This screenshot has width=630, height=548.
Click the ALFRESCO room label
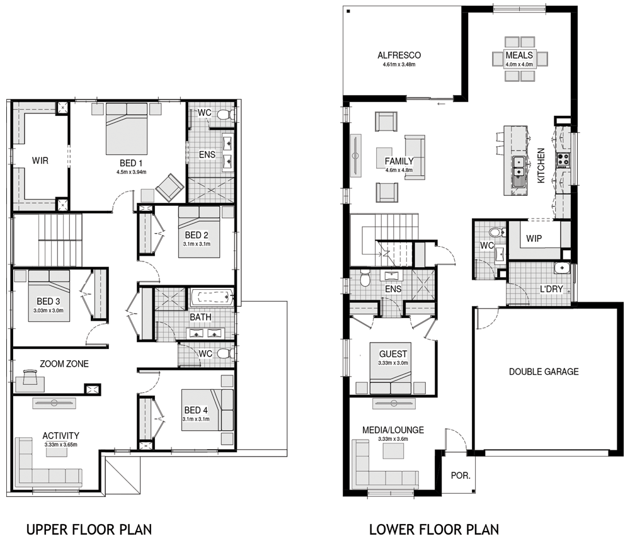click(399, 55)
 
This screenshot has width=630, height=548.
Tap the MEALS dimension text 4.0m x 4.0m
click(519, 64)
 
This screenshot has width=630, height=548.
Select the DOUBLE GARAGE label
click(544, 372)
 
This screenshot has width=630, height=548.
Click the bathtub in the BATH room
click(212, 298)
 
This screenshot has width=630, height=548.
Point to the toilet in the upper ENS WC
click(226, 115)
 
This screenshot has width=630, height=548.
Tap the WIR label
click(40, 161)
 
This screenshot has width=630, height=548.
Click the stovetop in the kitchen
click(563, 159)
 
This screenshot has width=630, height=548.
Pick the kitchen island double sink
click(519, 167)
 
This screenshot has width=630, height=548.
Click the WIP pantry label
click(534, 239)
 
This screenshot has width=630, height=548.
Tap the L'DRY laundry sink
click(561, 267)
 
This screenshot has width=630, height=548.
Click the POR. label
click(461, 476)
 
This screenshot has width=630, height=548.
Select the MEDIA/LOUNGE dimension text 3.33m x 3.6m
click(393, 439)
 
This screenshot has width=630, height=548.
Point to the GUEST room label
click(393, 354)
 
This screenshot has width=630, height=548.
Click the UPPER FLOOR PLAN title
click(89, 530)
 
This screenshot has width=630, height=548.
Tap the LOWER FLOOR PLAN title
click(434, 530)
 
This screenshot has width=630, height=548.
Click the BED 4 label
click(196, 410)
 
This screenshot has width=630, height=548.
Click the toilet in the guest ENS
click(365, 278)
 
